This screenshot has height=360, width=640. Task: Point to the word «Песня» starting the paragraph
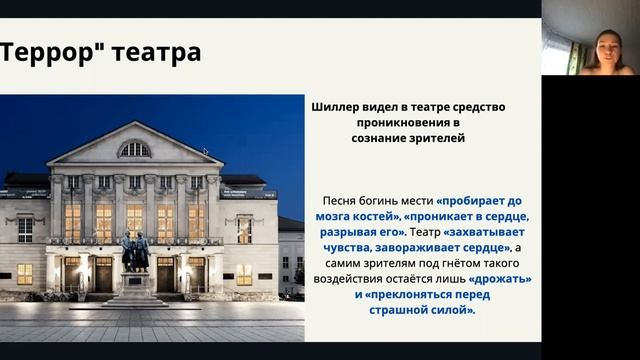tap(342, 200)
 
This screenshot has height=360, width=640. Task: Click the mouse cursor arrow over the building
tap(205, 152)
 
